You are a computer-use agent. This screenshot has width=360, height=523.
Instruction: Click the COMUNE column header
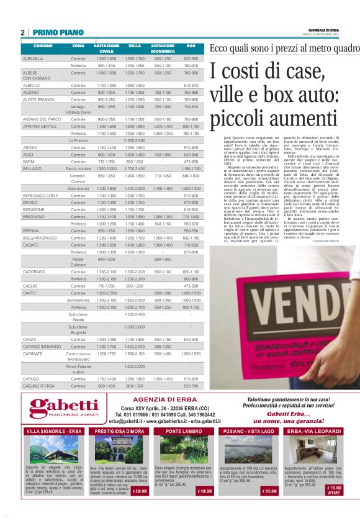tap(43, 47)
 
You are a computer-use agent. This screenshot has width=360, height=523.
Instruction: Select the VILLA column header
tap(135, 47)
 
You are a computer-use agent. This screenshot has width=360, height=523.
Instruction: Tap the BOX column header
tap(191, 47)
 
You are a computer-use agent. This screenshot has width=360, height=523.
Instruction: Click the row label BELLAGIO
tap(33, 168)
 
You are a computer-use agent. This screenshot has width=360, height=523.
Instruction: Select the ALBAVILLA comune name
tap(34, 58)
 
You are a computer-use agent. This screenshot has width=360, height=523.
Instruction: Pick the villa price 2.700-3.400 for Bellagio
tap(135, 168)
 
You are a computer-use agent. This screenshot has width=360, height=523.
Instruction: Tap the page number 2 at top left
tap(22, 32)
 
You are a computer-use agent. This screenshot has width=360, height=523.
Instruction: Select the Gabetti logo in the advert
tap(64, 409)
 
